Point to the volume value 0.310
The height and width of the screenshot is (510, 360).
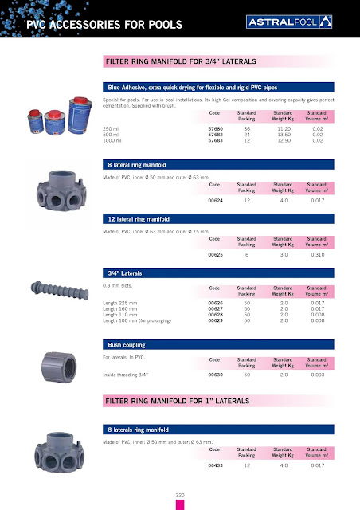pos(318,254)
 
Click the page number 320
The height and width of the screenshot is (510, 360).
pos(180,496)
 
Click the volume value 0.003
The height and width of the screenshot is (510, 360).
pos(318,374)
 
